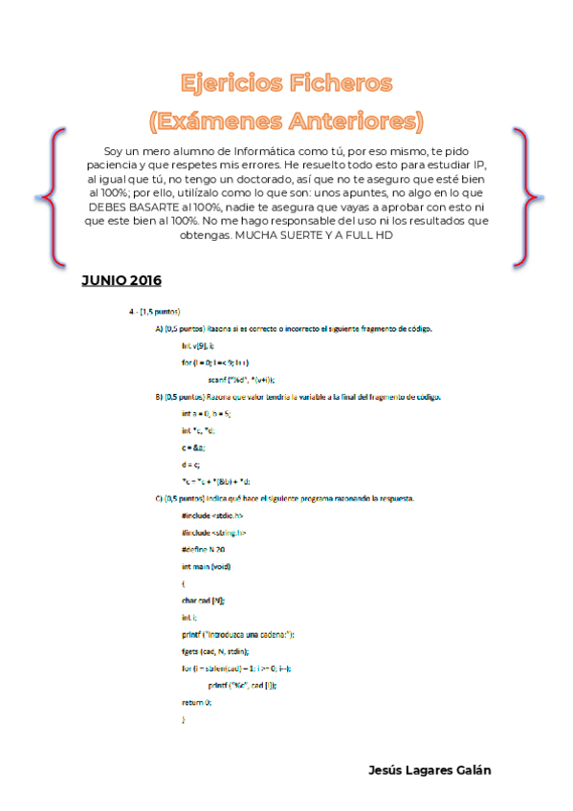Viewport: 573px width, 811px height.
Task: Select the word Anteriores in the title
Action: tap(348, 121)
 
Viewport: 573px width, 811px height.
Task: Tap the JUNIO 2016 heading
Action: tap(121, 280)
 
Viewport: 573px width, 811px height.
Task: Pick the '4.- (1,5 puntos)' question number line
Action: tap(154, 312)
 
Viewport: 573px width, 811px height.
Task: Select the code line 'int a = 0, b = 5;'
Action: tap(206, 413)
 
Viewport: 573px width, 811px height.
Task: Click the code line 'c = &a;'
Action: tap(193, 447)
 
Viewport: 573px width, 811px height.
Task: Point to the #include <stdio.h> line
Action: tap(210, 515)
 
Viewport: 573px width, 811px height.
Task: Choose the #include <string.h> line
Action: tap(212, 532)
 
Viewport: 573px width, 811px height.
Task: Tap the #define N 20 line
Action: tap(202, 549)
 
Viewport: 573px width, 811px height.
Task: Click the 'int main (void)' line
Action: tap(206, 565)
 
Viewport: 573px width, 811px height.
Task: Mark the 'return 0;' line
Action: tap(195, 701)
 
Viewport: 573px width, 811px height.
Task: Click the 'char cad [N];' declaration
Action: tap(203, 600)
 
